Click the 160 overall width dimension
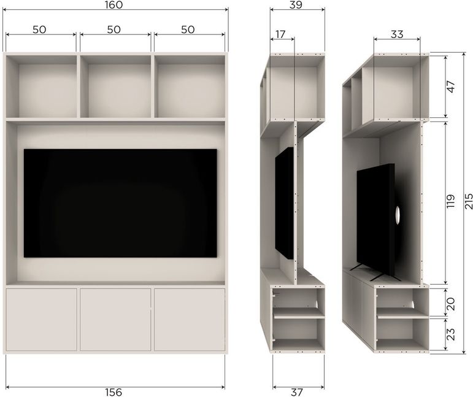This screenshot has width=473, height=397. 114,5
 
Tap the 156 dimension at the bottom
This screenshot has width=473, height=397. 113,392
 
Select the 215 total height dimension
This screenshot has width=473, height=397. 469,201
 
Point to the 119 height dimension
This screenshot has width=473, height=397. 451,201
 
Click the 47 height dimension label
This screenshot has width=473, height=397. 451,87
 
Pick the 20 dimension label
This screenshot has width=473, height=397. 451,304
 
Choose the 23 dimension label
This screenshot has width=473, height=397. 451,334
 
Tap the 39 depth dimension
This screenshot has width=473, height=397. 296,5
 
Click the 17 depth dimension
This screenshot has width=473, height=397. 280,34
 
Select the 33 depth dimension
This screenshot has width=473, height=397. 397,34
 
